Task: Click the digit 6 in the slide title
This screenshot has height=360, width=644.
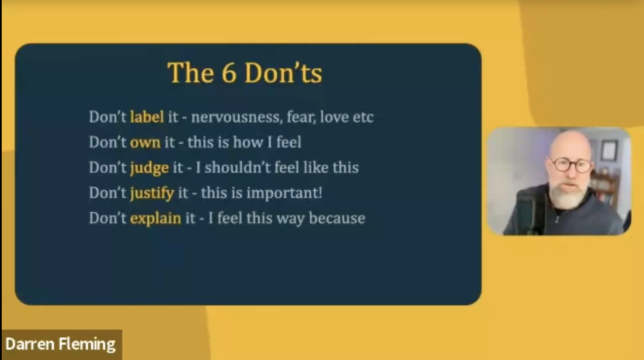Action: point(229,73)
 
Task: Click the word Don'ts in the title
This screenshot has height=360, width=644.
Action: point(283,73)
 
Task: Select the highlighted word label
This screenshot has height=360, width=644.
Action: point(147,117)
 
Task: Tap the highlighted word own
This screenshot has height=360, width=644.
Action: point(145,143)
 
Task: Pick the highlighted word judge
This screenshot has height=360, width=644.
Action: point(149,168)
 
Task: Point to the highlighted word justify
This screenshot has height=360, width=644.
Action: point(152,193)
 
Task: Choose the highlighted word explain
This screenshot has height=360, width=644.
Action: point(155,219)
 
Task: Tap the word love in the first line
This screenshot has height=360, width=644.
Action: point(334,117)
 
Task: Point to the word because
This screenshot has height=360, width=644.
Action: point(337,218)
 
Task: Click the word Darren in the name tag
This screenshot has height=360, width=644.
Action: point(30,344)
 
